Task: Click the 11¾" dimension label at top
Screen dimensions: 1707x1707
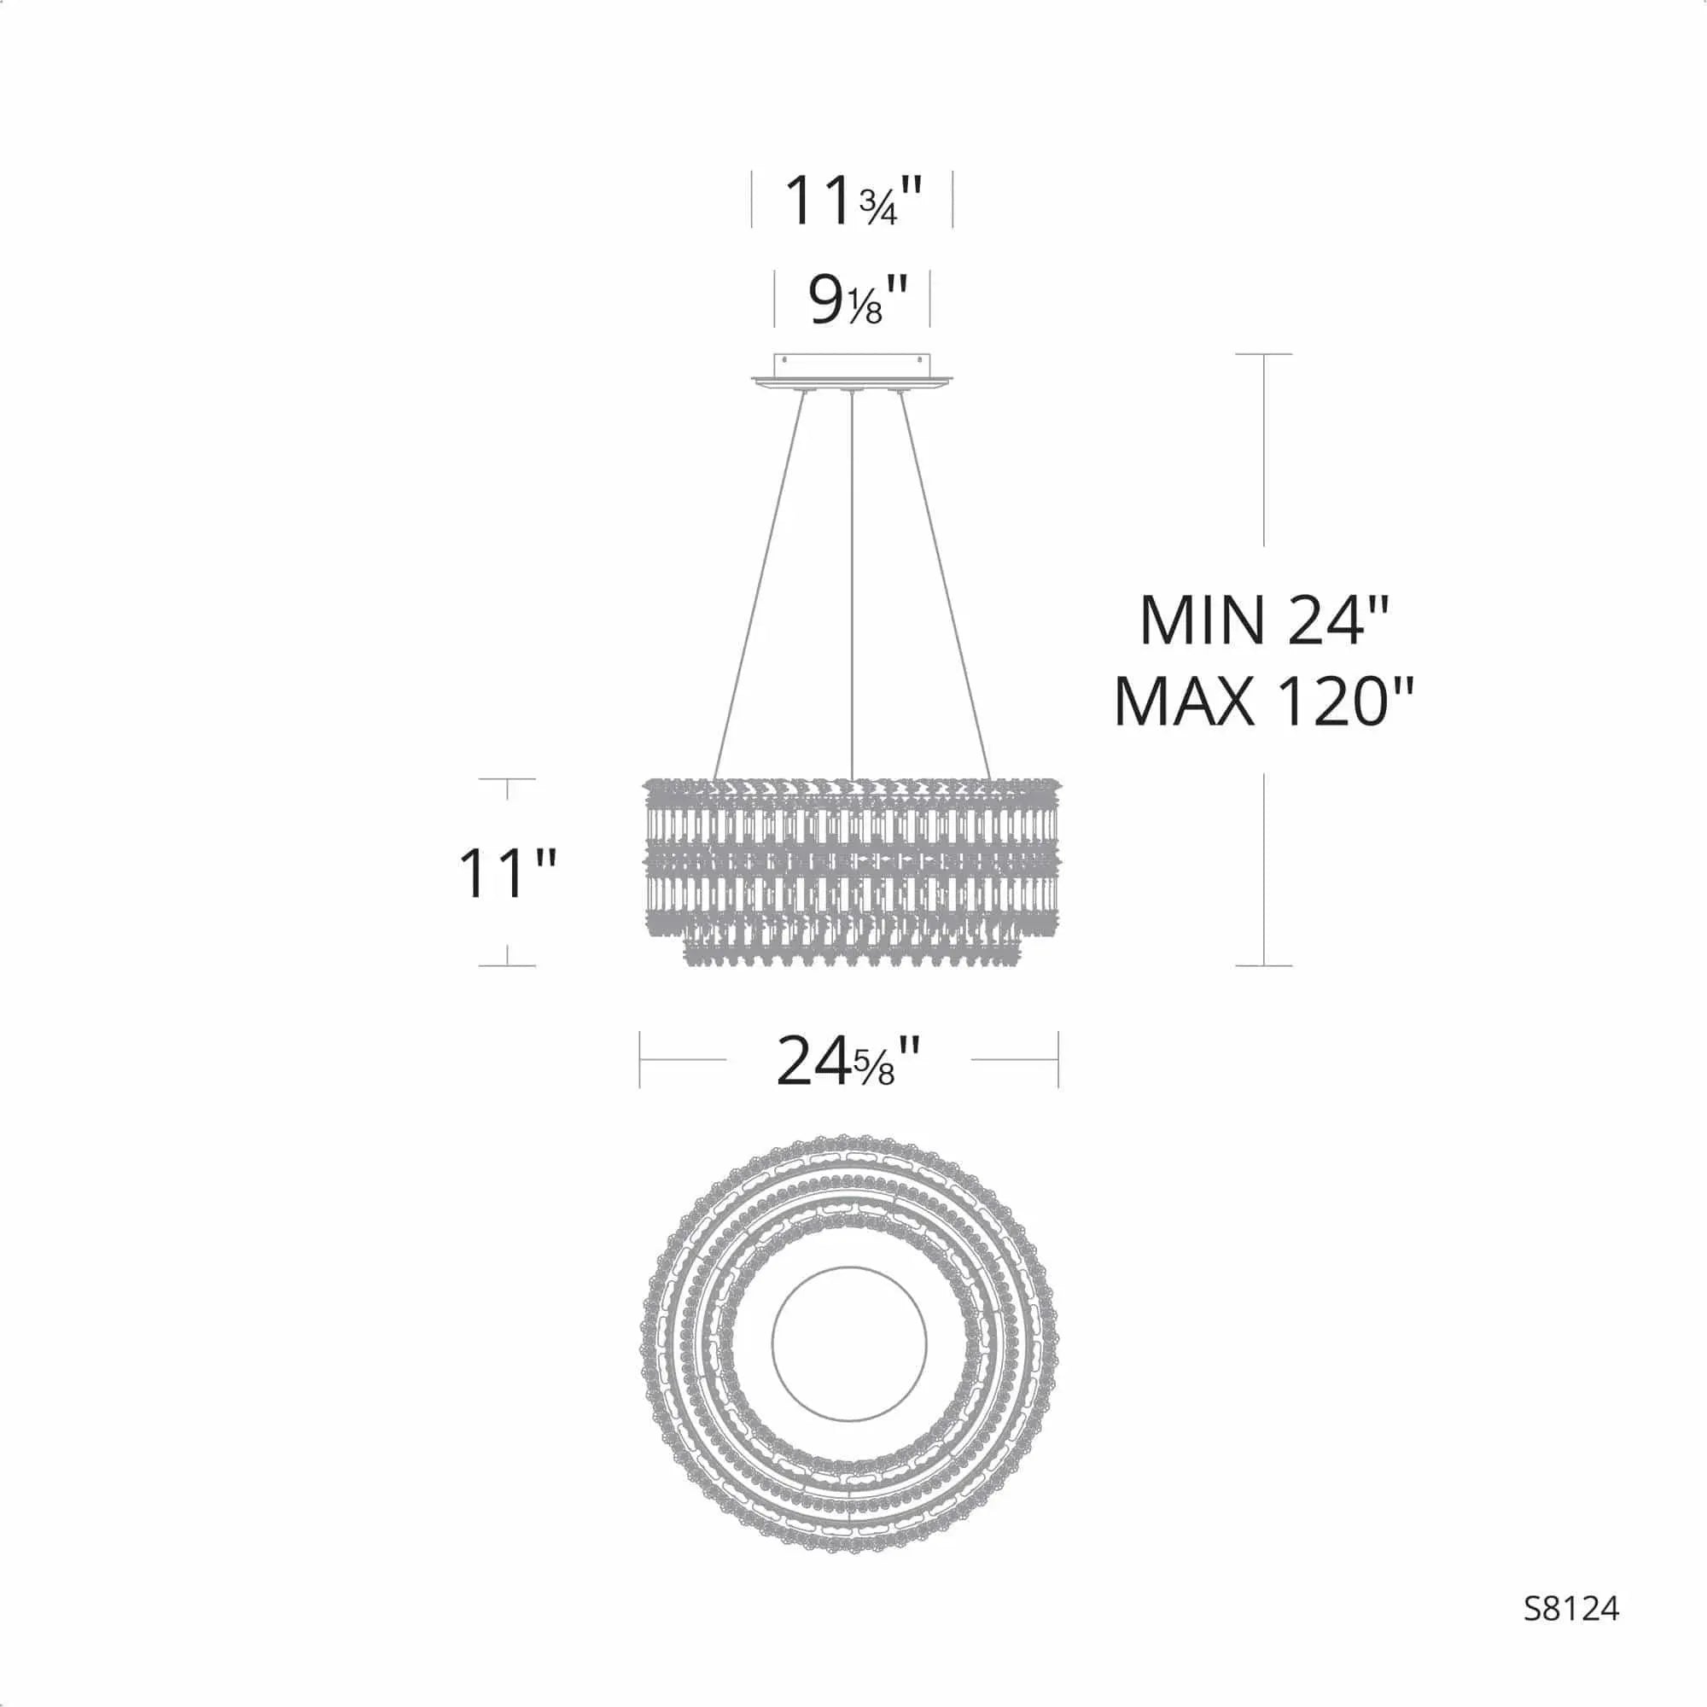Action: (853, 201)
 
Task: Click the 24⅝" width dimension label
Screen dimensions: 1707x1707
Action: (848, 1061)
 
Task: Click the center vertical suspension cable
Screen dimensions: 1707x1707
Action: (851, 583)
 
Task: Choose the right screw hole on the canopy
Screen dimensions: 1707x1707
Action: (919, 360)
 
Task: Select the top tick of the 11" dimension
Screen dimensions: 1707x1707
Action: (507, 779)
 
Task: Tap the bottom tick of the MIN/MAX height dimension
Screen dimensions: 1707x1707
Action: (1264, 965)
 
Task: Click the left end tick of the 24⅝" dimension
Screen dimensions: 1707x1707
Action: (639, 1059)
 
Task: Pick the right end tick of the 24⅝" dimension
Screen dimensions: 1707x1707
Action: (1058, 1059)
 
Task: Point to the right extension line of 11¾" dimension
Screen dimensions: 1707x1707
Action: (953, 200)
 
